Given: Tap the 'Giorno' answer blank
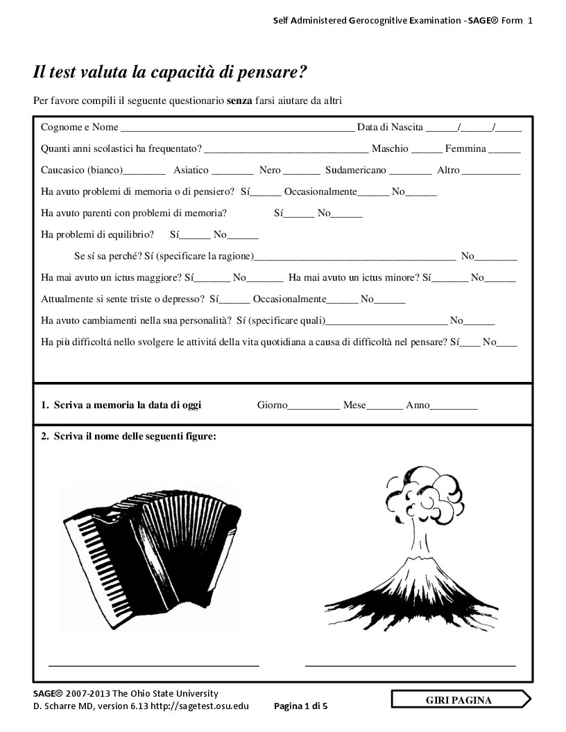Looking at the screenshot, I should [314, 406].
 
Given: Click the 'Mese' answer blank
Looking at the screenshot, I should [384, 406].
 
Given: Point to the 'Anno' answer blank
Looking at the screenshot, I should [454, 406].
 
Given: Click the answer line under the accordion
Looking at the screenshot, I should [153, 664].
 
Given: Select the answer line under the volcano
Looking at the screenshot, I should [410, 664].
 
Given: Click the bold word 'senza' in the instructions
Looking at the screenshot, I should [239, 101].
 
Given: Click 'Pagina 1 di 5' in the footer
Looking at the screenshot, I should [301, 706].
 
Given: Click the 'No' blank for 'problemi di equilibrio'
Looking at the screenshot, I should [242, 236].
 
